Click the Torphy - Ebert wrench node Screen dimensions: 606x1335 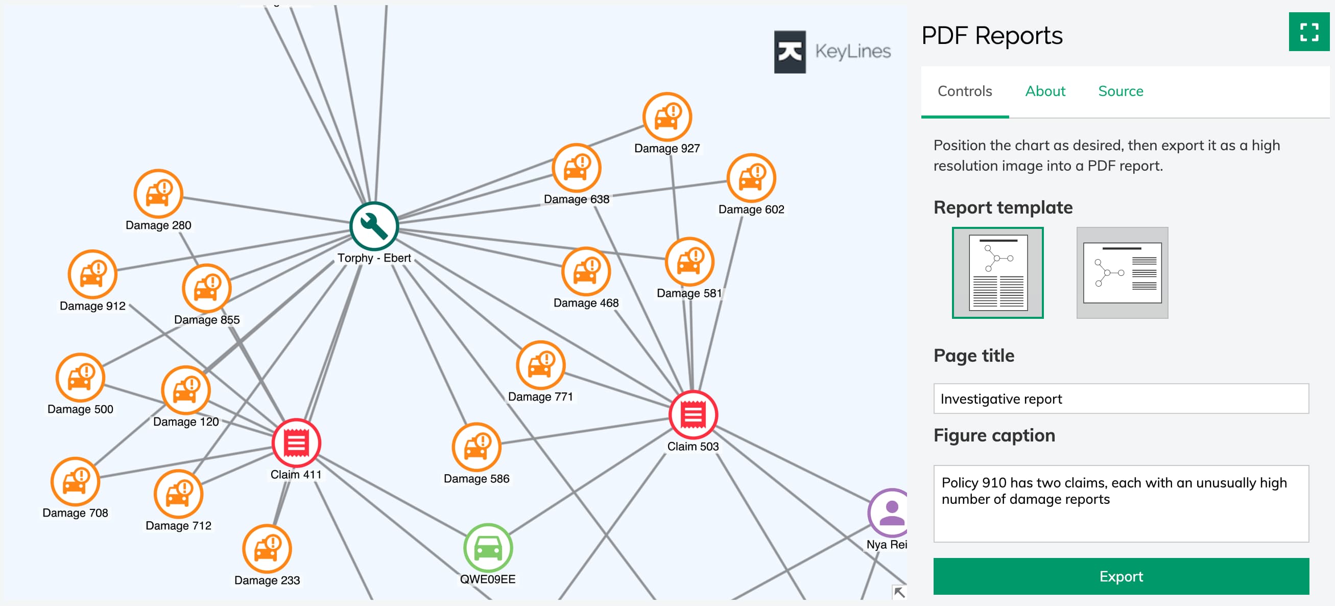374,226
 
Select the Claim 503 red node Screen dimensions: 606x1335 693,415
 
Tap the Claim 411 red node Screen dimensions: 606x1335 296,443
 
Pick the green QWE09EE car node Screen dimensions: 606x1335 488,547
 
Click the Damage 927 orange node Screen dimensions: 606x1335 667,116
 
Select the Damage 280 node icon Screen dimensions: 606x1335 158,194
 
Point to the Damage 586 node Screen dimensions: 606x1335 476,448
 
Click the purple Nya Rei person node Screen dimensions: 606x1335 890,512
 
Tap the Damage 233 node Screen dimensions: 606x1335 267,549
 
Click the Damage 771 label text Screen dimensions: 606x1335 540,397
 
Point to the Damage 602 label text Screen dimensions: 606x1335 751,209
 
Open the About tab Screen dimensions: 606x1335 1045,91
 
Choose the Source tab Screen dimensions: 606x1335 1121,91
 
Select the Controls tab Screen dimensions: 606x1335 964,91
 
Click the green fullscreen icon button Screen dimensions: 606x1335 1308,32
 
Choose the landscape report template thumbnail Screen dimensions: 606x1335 1122,273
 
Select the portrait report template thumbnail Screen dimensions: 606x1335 997,273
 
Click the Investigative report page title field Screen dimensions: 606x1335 1121,399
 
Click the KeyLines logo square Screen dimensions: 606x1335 789,52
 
